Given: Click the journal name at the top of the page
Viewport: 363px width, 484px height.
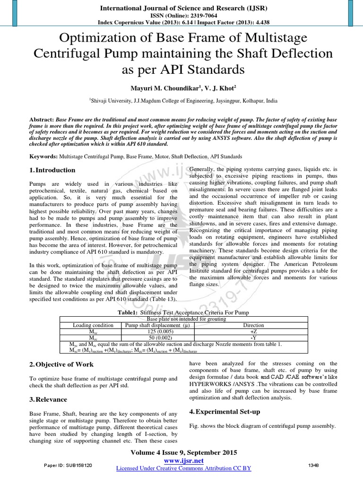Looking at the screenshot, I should tap(181, 8).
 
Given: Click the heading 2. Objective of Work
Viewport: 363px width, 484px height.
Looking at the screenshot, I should tap(61, 364).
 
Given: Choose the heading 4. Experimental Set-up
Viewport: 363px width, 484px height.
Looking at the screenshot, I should tap(225, 412).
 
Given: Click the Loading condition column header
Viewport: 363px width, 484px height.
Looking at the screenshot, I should tap(93, 325).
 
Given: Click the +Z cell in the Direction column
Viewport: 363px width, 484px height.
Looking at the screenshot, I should tap(253, 331).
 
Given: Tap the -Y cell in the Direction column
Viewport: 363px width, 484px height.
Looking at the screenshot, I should tap(253, 337).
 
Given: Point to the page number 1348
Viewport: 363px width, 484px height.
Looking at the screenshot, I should tap(313, 465).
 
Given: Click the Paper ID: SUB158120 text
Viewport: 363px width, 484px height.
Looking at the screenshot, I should tap(69, 465).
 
